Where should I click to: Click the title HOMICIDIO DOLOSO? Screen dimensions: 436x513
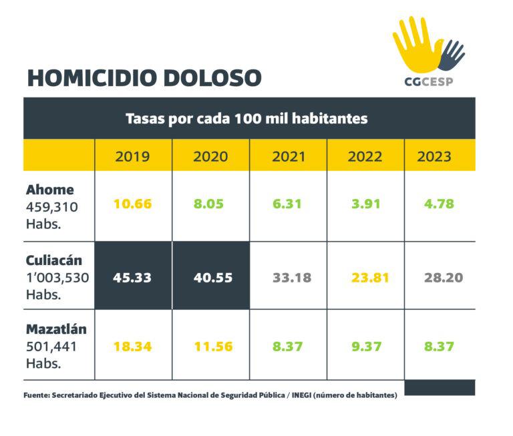pos(144,77)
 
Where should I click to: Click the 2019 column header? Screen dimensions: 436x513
pos(133,157)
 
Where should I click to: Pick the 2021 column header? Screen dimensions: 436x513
pos(289,157)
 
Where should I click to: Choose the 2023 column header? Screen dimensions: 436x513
pos(434,157)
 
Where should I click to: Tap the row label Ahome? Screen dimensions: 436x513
pos(49,190)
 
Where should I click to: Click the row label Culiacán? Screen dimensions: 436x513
pos(55,260)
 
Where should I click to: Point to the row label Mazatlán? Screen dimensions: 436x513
pos(56,329)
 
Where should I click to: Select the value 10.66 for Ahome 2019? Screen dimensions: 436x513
pos(133,204)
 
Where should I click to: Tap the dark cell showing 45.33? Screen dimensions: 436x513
pos(133,277)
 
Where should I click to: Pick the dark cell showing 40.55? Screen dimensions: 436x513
pos(210,277)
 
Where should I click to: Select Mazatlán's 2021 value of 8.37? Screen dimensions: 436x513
pos(289,346)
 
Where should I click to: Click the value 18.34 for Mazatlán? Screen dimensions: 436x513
pos(133,346)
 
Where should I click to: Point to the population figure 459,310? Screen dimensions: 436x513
pos(51,207)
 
